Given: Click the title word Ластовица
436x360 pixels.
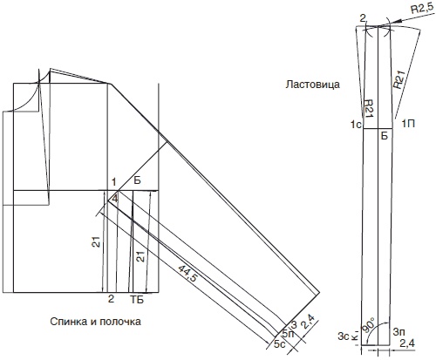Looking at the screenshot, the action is [312, 85].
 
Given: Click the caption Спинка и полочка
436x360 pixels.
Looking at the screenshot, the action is [96, 322].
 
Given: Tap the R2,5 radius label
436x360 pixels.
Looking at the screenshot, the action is [422, 10].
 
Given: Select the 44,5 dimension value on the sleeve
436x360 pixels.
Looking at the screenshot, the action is [187, 273].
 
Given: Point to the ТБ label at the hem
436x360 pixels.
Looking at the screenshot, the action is [137, 300].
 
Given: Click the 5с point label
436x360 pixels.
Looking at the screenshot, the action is [279, 344].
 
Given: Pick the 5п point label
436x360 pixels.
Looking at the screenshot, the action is [288, 334].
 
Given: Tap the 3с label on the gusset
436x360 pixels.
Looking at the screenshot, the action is [343, 336].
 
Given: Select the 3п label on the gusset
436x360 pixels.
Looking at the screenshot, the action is [399, 331].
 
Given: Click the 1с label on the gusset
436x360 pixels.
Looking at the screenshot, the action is [356, 125].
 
